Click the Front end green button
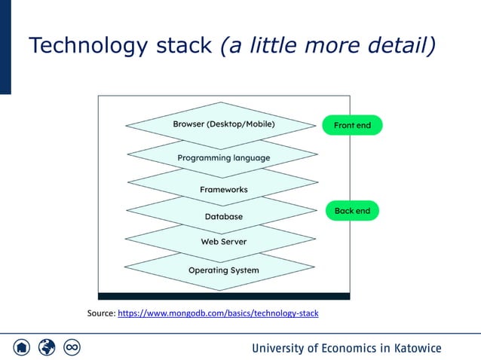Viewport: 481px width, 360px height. (352, 125)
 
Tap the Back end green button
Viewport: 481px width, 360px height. (352, 211)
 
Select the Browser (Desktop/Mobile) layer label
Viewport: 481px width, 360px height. (224, 124)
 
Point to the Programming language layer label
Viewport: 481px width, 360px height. (223, 158)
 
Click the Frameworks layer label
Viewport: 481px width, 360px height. (223, 189)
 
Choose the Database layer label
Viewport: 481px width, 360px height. (224, 217)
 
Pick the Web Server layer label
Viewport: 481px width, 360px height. (223, 242)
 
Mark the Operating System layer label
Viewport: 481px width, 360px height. (223, 270)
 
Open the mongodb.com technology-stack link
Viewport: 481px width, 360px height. (219, 313)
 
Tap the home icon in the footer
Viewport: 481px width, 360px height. (22, 347)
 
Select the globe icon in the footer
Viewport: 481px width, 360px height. (47, 347)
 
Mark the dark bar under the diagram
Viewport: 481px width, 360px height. (224, 296)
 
